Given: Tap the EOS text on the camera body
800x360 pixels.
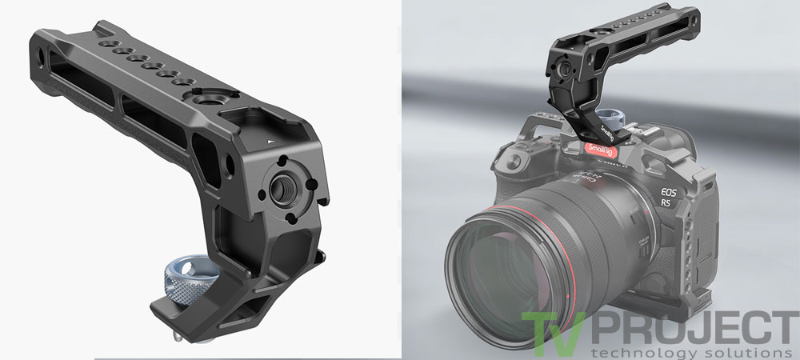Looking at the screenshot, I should [668, 192].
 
